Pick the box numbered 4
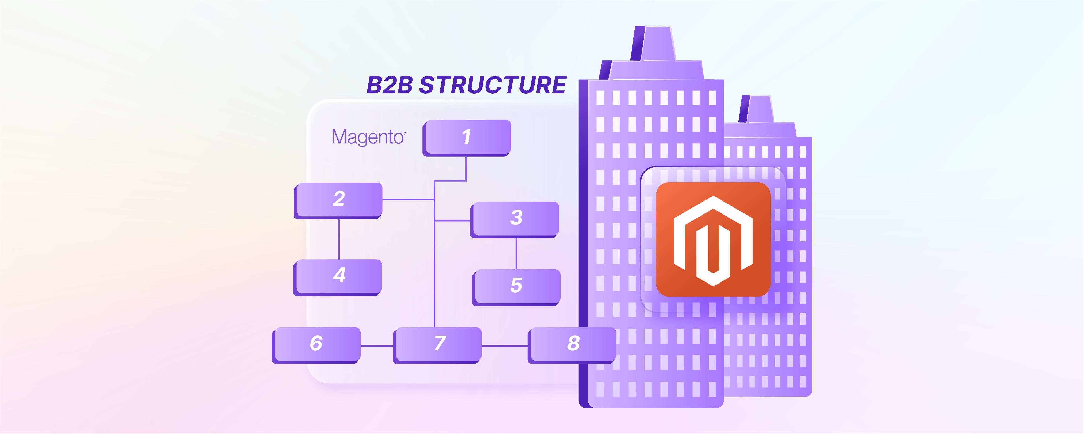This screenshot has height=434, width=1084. (338, 276)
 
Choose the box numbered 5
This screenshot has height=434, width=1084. (516, 286)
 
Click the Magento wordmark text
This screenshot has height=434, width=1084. (367, 137)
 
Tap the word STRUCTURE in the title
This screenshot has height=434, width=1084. (493, 85)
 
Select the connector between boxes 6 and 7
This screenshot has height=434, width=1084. (377, 346)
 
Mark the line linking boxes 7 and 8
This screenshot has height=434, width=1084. (504, 346)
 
